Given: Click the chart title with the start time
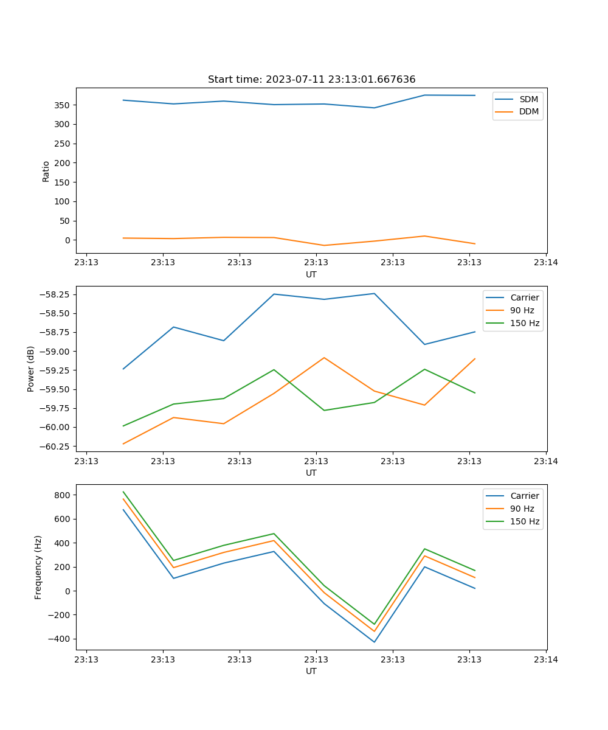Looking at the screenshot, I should [x=311, y=80].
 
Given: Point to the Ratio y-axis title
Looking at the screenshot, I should [x=46, y=171].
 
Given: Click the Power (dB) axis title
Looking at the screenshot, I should [x=31, y=369].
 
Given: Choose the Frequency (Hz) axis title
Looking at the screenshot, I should [x=38, y=567].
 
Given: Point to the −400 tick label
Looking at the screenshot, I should [x=59, y=639].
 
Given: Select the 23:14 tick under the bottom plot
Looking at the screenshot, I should [x=546, y=659].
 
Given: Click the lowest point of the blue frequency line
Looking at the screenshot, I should [x=374, y=642].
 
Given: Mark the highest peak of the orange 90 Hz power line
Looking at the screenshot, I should [x=324, y=358].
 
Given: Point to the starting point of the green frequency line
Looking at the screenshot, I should [x=123, y=492].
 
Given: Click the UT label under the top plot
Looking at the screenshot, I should [x=311, y=274].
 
